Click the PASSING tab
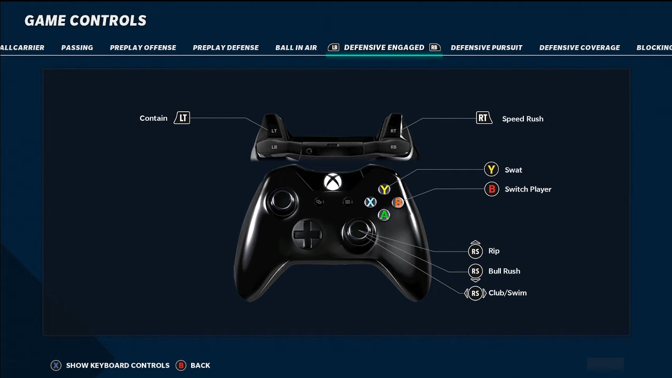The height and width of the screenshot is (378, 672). point(77,48)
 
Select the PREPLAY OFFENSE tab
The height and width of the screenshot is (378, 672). point(143,48)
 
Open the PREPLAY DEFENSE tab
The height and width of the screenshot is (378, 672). point(226,48)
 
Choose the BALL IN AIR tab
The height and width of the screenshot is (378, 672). point(296,48)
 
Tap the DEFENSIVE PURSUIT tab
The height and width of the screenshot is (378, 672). point(486,48)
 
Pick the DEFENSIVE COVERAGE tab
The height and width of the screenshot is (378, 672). point(580,48)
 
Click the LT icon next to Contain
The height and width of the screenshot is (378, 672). point(182,118)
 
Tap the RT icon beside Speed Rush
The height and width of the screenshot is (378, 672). point(483,118)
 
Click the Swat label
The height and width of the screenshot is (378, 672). point(513,170)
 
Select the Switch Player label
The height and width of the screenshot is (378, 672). point(528,190)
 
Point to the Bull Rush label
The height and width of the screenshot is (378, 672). point(504,271)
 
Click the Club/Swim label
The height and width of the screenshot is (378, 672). point(507,293)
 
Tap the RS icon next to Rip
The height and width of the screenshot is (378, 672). point(475,251)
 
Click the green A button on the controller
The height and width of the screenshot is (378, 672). point(384,215)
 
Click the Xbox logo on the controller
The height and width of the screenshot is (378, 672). point(332,182)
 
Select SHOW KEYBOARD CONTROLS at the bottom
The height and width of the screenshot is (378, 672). point(118,365)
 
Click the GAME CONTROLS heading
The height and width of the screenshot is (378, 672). point(86,20)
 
